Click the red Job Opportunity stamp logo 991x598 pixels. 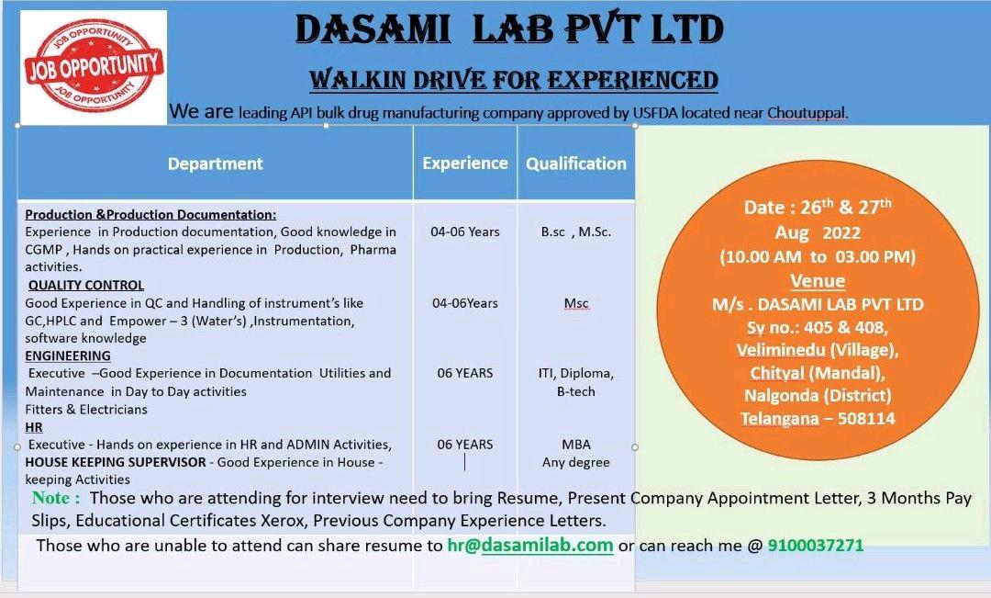click(x=94, y=66)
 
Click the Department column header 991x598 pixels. click(x=215, y=164)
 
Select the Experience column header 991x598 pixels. click(x=465, y=164)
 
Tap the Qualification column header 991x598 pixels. click(x=575, y=164)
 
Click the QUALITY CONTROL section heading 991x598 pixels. click(x=86, y=285)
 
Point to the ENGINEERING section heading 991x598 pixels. click(x=68, y=355)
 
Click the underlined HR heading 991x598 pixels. click(x=34, y=427)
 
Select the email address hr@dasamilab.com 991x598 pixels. click(x=530, y=545)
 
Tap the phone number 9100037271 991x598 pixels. click(x=816, y=545)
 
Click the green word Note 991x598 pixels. click(x=56, y=497)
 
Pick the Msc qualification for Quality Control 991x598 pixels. click(x=575, y=303)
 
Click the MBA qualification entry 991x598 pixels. click(x=575, y=445)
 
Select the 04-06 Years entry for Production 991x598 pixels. click(x=465, y=231)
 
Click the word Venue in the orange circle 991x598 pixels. click(x=818, y=280)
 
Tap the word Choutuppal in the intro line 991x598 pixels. click(x=807, y=113)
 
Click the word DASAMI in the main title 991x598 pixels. click(x=373, y=29)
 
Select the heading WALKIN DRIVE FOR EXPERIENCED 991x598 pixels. click(x=514, y=80)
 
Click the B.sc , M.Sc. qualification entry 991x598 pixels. click(x=575, y=231)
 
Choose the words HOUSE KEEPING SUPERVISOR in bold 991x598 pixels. click(x=116, y=462)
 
